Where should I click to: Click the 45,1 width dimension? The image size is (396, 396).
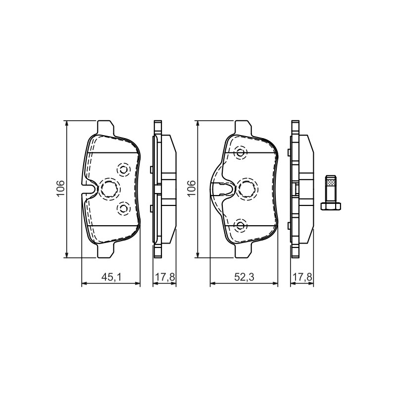click(111, 277)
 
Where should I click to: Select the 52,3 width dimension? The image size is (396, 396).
click(244, 277)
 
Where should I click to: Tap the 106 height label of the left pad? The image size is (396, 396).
click(60, 189)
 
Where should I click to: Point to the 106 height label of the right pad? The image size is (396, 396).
click(191, 189)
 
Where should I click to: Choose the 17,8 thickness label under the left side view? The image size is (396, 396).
click(165, 277)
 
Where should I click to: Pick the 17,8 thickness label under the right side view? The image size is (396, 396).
click(302, 277)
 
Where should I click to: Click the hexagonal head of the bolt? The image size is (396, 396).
click(331, 206)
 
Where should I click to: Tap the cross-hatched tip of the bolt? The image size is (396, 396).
click(331, 181)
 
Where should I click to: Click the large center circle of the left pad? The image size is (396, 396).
click(110, 189)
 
